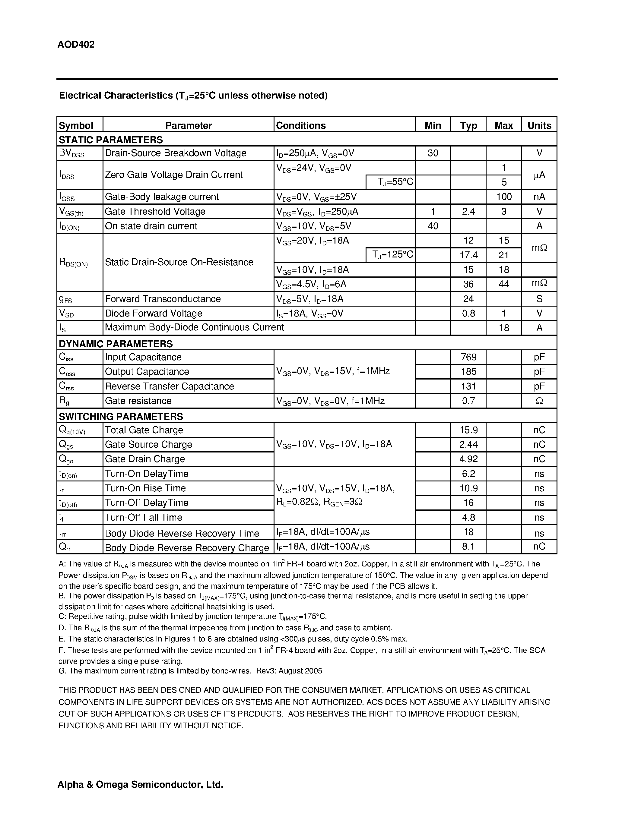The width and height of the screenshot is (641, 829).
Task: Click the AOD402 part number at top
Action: (x=76, y=44)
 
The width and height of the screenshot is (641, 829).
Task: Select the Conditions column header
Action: (x=301, y=125)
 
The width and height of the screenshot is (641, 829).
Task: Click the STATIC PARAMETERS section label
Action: (x=110, y=140)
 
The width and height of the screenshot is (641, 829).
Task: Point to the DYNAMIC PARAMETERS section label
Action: (x=116, y=344)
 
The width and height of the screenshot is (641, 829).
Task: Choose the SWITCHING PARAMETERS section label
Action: (x=121, y=416)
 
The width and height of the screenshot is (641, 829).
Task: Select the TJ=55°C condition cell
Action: (x=395, y=182)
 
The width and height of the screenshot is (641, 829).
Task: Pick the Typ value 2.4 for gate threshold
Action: (x=468, y=211)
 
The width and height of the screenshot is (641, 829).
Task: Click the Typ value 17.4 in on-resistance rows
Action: (x=468, y=255)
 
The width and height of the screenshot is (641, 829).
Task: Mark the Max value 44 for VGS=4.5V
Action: (x=503, y=284)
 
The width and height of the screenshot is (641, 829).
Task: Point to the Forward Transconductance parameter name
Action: (x=163, y=299)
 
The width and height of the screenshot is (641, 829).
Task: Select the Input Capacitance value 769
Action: (x=468, y=357)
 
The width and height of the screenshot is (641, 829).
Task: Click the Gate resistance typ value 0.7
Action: (x=468, y=401)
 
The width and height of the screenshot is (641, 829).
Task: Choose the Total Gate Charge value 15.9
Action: (x=468, y=430)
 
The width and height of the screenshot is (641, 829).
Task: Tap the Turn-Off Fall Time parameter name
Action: (x=144, y=517)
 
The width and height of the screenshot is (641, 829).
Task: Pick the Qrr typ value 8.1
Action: (x=468, y=547)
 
